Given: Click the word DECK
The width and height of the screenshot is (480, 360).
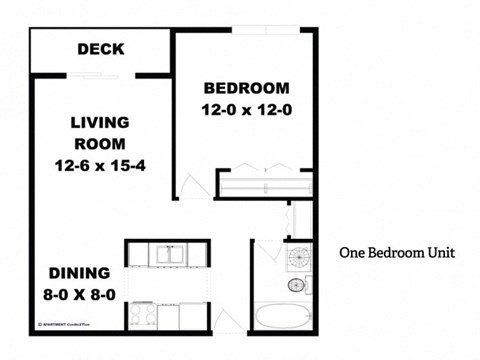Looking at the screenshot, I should click(100, 49).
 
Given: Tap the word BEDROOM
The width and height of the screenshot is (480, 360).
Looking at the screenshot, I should click(246, 87).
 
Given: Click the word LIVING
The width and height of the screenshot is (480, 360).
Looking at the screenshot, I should click(100, 122).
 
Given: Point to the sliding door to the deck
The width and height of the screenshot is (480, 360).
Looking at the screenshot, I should click(100, 74).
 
